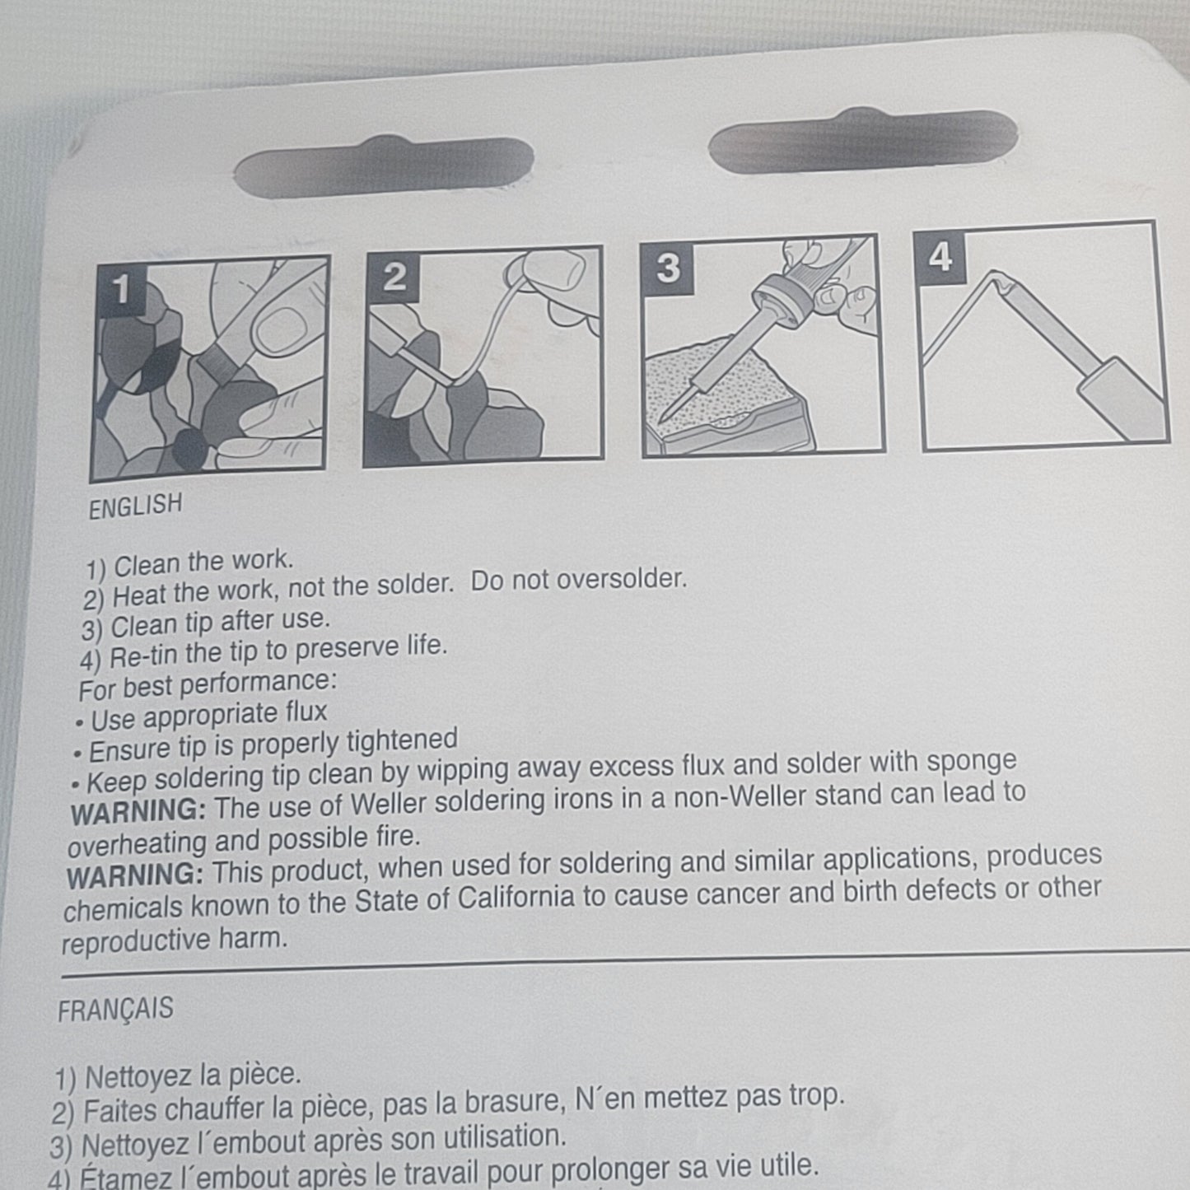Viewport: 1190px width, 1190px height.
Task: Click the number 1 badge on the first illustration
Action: click(x=122, y=290)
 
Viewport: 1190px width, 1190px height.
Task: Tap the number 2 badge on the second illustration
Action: click(x=394, y=278)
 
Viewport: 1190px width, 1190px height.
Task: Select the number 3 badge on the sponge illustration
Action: click(x=669, y=268)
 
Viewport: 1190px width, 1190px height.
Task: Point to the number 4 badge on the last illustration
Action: click(x=940, y=258)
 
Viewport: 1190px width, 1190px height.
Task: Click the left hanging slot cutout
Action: click(x=384, y=166)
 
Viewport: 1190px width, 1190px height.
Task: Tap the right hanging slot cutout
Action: click(x=863, y=141)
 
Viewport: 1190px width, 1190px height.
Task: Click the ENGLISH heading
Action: click(x=136, y=506)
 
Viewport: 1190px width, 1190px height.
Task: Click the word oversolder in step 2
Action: click(x=621, y=579)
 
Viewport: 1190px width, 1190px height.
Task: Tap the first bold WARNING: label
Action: click(x=138, y=811)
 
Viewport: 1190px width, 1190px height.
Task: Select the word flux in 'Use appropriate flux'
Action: click(x=306, y=712)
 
